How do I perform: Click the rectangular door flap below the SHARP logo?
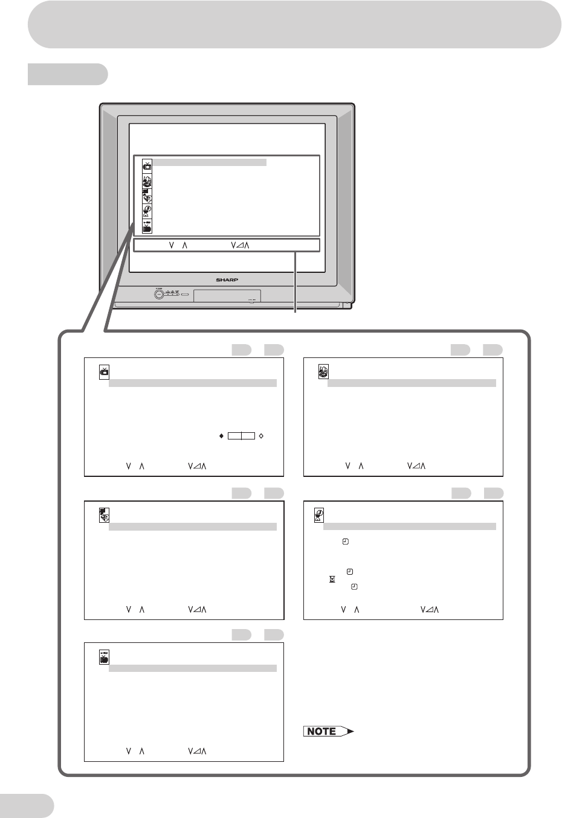click(227, 296)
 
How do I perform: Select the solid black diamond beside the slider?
click(221, 435)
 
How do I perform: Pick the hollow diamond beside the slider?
click(260, 435)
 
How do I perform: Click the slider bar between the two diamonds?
click(241, 435)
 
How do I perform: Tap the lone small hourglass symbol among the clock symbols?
click(332, 579)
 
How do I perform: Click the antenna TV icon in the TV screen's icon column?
click(147, 165)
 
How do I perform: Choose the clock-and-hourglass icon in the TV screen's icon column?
click(147, 211)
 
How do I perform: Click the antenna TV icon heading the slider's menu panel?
click(104, 372)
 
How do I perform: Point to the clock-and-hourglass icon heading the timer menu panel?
click(319, 515)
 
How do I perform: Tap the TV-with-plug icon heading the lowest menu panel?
click(104, 657)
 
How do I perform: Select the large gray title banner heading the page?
click(294, 24)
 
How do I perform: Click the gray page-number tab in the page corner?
click(27, 806)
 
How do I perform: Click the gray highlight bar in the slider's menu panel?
click(192, 383)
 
